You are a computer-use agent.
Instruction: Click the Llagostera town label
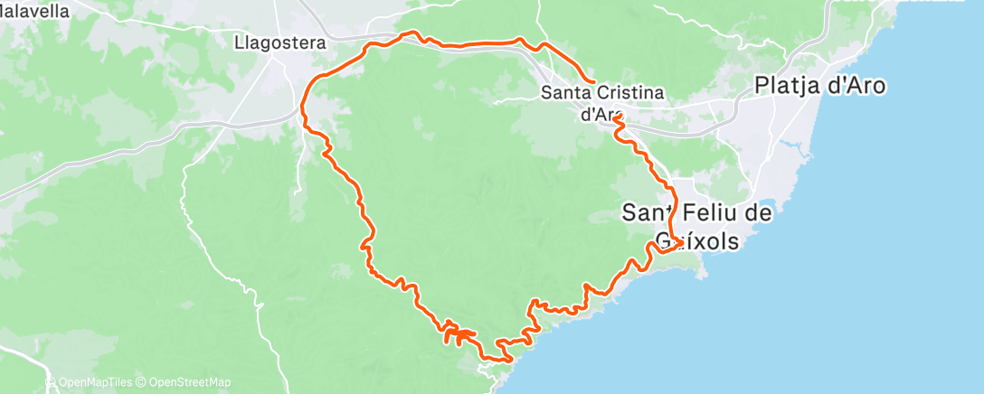(279, 42)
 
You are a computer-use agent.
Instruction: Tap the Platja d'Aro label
(820, 86)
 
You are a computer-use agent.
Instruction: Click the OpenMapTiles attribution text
(94, 383)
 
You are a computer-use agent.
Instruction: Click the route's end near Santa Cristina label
(592, 82)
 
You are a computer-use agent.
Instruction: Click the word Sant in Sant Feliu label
(646, 212)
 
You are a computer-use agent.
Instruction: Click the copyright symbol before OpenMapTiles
(52, 383)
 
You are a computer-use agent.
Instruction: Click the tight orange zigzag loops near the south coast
(458, 336)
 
